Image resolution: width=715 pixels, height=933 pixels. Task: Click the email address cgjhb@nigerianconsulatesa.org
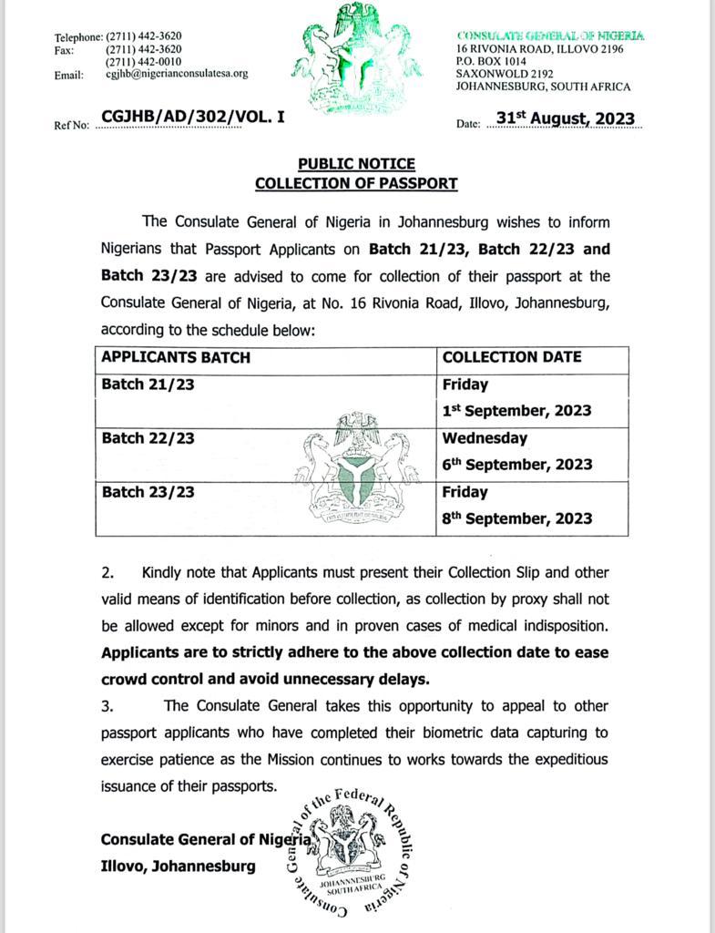[x=177, y=74]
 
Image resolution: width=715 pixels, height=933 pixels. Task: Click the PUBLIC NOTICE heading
[x=356, y=164]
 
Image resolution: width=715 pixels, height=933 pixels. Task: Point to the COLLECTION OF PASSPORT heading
[x=356, y=183]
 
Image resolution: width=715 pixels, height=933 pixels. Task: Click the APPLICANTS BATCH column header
[x=176, y=357]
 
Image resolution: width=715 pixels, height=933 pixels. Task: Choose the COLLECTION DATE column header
[x=512, y=357]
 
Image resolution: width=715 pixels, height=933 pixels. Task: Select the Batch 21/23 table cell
[x=148, y=384]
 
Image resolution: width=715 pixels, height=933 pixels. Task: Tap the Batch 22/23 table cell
[x=148, y=438]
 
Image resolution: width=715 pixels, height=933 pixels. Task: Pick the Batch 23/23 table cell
[x=148, y=492]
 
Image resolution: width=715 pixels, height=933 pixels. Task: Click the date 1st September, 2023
[x=517, y=411]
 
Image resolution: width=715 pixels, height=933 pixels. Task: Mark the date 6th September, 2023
[x=517, y=465]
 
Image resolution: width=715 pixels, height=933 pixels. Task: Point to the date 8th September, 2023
[x=517, y=518]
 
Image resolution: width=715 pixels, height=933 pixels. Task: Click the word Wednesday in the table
[x=485, y=438]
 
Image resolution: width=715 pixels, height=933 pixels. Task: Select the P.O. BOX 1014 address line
[x=493, y=62]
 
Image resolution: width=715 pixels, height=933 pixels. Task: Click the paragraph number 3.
[x=107, y=706]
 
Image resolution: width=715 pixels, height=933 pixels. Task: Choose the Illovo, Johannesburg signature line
[x=179, y=866]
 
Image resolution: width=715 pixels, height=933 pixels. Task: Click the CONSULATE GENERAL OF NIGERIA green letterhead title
[x=550, y=36]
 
